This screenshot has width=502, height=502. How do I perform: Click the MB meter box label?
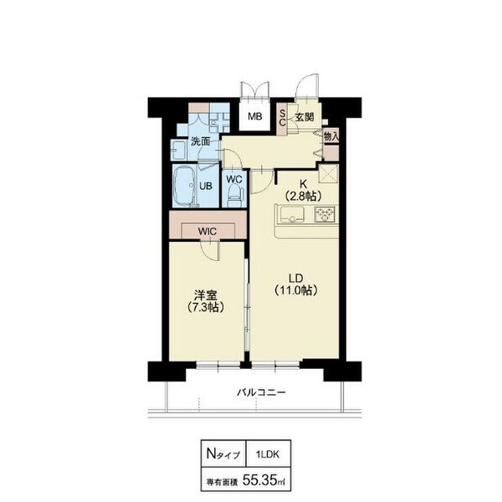coord(255,116)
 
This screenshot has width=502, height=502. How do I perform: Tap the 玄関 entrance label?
coord(305,117)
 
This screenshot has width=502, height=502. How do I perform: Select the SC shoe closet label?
coord(283,118)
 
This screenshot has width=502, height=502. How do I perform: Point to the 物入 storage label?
coord(331,136)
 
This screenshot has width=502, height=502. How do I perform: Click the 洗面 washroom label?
coord(201,141)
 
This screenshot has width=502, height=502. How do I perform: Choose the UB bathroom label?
coord(206,186)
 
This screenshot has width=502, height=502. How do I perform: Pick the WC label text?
coord(234,179)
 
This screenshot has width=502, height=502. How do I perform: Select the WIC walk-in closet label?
coord(207,231)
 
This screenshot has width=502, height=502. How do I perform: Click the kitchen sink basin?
coord(293,214)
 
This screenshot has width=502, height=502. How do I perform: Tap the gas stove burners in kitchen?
coord(325,214)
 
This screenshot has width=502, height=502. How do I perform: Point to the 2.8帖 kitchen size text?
coord(303,196)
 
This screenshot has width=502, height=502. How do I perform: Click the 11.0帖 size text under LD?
coord(296,290)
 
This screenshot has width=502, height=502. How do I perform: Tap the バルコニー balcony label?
coord(261,392)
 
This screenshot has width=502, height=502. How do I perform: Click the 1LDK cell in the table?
coord(268,454)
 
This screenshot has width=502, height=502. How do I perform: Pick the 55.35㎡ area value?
coord(264,480)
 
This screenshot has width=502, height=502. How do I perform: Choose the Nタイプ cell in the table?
coord(223,454)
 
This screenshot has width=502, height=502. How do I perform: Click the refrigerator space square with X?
coord(329,173)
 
